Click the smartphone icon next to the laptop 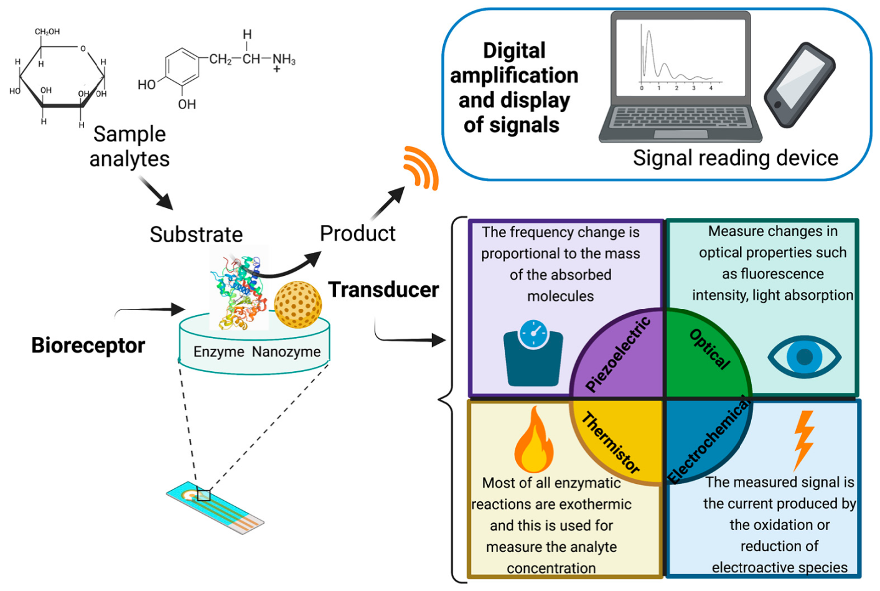tap(800, 85)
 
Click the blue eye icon tap(804, 357)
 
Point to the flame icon tap(534, 440)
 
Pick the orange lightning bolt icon tap(803, 439)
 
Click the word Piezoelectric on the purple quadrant tap(618, 354)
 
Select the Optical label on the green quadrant tap(710, 349)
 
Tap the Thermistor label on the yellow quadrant tap(611, 443)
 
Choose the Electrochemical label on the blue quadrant tap(709, 441)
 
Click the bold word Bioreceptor tap(88, 346)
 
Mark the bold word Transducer tap(383, 290)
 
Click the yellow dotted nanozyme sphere tap(298, 305)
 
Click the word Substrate tap(196, 235)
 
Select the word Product tap(357, 234)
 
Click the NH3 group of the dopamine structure tap(284, 60)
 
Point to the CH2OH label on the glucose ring tap(47, 32)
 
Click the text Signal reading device tap(735, 158)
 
